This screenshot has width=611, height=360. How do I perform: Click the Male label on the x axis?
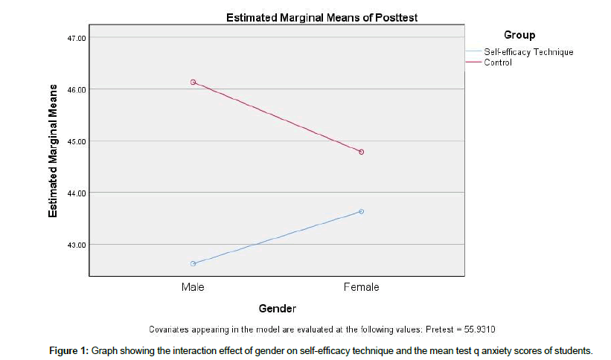(193, 287)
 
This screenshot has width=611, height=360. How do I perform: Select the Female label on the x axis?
(361, 287)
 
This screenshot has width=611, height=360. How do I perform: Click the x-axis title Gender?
(278, 308)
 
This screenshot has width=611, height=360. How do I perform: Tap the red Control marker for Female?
(362, 152)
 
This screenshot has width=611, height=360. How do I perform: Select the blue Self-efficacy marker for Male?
(193, 263)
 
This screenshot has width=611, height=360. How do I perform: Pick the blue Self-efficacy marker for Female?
(362, 211)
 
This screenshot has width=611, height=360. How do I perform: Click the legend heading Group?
(519, 35)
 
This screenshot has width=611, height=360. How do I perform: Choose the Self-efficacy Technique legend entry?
(528, 52)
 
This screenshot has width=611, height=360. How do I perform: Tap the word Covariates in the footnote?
(170, 328)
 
